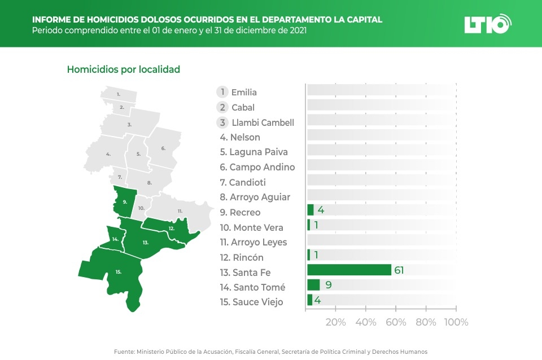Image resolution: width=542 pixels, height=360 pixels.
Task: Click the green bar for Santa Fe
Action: point(349,270)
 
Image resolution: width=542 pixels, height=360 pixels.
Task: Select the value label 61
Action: point(399,270)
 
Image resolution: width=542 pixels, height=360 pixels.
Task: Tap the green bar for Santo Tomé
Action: point(313,285)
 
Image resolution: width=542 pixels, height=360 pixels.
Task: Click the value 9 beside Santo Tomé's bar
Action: point(329,285)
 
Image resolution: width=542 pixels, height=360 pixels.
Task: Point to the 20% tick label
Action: point(336,322)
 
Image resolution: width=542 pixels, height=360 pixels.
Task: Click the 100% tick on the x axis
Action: point(456,322)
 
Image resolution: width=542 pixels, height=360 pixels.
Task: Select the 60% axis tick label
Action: point(396,322)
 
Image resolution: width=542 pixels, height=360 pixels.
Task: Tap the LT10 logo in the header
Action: point(487,24)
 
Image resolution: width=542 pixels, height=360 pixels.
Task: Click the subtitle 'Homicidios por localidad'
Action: point(123,69)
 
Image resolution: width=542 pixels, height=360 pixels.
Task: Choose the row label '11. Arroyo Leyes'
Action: point(253,242)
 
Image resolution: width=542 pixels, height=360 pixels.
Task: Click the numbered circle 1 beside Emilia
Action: point(223,92)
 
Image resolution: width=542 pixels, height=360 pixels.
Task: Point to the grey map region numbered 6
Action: point(163,148)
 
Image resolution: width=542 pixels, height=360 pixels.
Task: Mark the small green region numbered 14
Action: point(115,239)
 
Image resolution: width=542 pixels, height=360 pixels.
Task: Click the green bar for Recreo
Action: point(310,210)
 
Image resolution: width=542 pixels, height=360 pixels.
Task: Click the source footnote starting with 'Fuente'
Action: point(270,352)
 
